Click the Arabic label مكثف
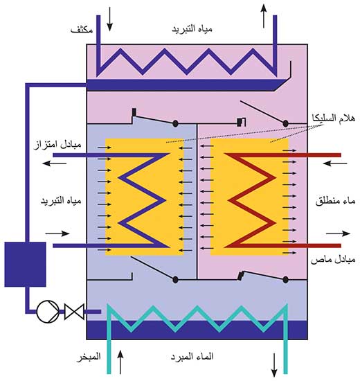click(82, 29)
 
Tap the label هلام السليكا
click(334, 118)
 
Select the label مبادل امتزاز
click(57, 145)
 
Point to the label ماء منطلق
click(335, 201)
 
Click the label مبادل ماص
click(333, 260)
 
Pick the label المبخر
click(89, 357)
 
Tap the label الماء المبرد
click(192, 357)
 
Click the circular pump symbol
click(48, 311)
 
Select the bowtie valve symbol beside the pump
click(74, 311)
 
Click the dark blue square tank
click(25, 264)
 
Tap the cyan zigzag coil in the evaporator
click(198, 316)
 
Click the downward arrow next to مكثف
click(110, 19)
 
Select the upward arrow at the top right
click(264, 16)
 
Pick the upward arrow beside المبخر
click(120, 362)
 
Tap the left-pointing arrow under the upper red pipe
click(335, 163)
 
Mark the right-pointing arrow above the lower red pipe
click(338, 233)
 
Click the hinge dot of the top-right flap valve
click(286, 124)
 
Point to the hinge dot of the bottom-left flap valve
click(175, 280)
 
